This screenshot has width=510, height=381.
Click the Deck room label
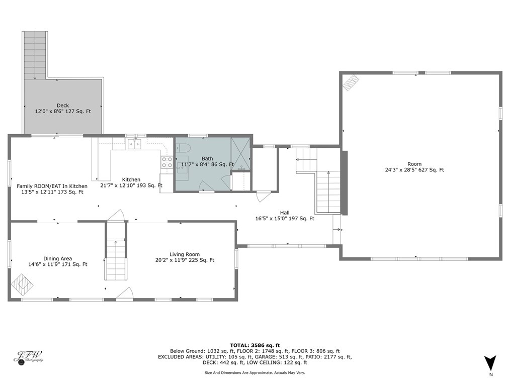tap(63, 106)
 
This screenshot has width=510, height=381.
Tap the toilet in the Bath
tap(183, 148)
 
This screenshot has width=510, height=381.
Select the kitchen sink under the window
tap(134, 145)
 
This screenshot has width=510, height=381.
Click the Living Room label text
tap(185, 254)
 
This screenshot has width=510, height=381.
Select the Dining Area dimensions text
tap(58, 264)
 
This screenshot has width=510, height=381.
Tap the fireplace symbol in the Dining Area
tap(22, 284)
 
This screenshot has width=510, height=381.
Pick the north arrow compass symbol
tap(490, 363)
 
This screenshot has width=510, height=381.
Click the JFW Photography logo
tap(28, 356)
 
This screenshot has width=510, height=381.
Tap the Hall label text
tap(285, 213)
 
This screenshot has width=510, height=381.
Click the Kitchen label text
tap(131, 179)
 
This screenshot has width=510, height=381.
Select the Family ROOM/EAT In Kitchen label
tap(52, 186)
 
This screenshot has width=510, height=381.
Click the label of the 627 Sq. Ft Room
tap(414, 164)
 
